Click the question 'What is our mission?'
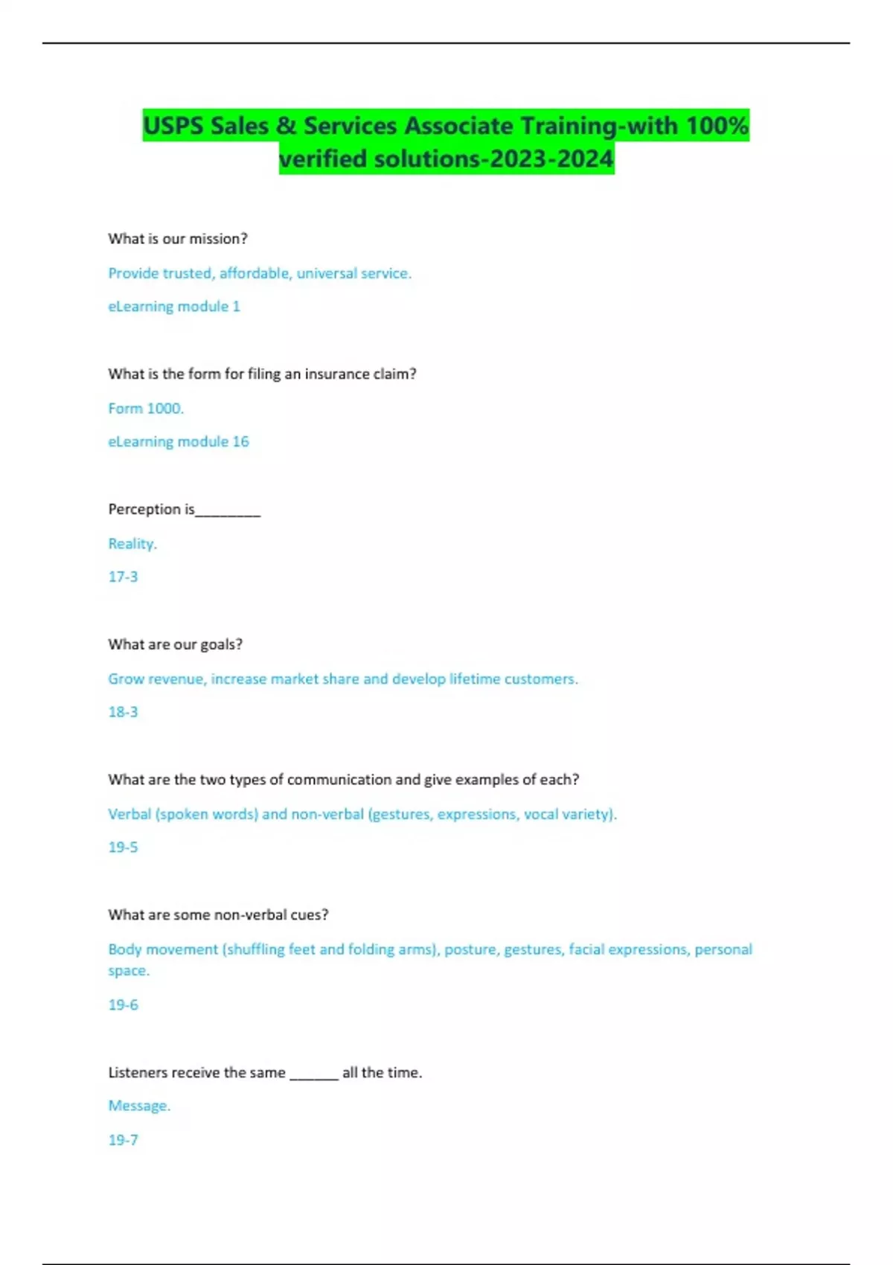pyautogui.click(x=177, y=239)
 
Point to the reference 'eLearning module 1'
pyautogui.click(x=174, y=307)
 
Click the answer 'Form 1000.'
pyautogui.click(x=146, y=409)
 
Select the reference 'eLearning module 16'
pyautogui.click(x=179, y=442)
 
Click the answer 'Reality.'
pyautogui.click(x=132, y=544)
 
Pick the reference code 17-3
pyautogui.click(x=123, y=577)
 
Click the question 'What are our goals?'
pyautogui.click(x=175, y=644)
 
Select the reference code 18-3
pyautogui.click(x=123, y=712)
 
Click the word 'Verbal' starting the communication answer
pyautogui.click(x=129, y=814)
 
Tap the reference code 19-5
pyautogui.click(x=123, y=848)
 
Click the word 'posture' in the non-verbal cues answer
pyautogui.click(x=470, y=950)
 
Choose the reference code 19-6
pyautogui.click(x=123, y=1005)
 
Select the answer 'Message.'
pyautogui.click(x=139, y=1107)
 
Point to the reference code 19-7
pyautogui.click(x=123, y=1140)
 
